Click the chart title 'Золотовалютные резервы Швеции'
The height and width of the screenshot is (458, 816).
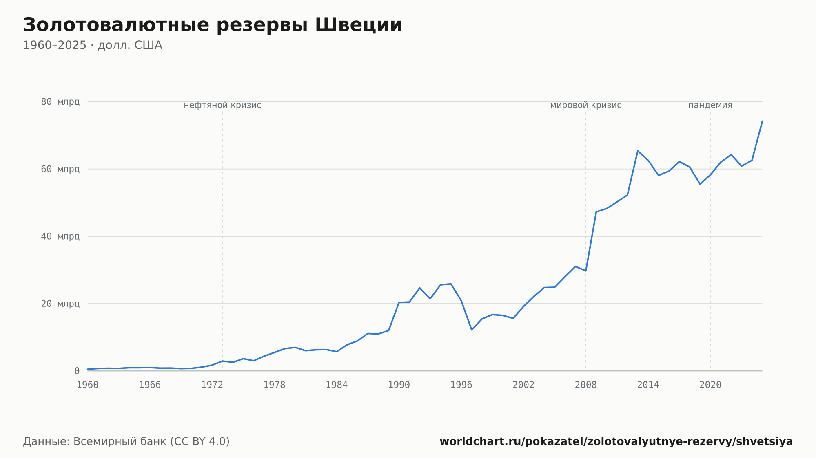(213, 25)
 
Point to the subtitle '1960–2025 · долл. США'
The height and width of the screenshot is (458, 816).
(93, 45)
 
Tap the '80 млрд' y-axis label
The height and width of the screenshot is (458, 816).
(60, 102)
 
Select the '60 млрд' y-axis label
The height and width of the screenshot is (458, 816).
(60, 169)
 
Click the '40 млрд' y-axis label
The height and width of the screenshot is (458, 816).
(60, 236)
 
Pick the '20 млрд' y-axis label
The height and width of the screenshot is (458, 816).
(60, 304)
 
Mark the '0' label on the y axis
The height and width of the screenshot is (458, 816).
(77, 371)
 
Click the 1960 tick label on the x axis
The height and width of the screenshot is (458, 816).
(88, 385)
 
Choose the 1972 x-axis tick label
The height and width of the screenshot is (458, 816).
(212, 385)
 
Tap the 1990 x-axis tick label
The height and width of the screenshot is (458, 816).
(399, 385)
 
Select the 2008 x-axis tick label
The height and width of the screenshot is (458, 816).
(586, 385)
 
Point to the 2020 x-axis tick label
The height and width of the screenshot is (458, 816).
(710, 385)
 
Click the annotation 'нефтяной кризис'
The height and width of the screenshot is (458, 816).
(222, 105)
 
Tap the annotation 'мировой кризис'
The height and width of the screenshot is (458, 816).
(586, 105)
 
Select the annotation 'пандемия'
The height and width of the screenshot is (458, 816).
(710, 105)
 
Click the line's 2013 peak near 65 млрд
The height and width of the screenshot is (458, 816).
(638, 151)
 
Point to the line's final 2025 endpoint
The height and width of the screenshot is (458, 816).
(762, 121)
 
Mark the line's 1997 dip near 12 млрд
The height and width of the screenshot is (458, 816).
(472, 330)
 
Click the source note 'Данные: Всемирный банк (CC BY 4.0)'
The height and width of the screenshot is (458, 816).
(126, 441)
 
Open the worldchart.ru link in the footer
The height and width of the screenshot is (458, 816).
(616, 441)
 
